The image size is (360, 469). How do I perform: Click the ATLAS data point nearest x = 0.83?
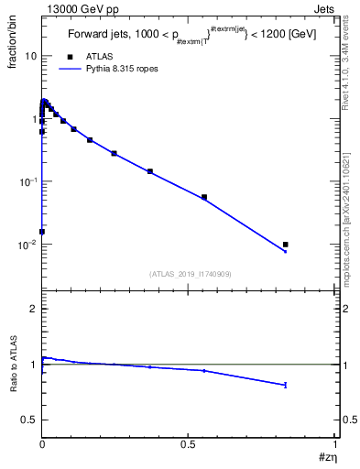[x=286, y=245]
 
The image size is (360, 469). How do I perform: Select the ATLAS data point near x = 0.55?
[x=204, y=197]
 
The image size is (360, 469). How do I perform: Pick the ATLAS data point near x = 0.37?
[x=150, y=171]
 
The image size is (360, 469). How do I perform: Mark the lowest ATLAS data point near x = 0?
[x=42, y=232]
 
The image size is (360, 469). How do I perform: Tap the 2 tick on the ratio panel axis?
[x=34, y=310]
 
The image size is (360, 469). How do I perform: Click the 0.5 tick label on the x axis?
[x=188, y=443]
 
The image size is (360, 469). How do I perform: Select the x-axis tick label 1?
[x=335, y=443]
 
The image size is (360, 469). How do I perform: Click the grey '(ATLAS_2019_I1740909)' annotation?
[x=189, y=273]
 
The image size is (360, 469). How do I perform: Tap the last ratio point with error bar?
[x=286, y=385]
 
